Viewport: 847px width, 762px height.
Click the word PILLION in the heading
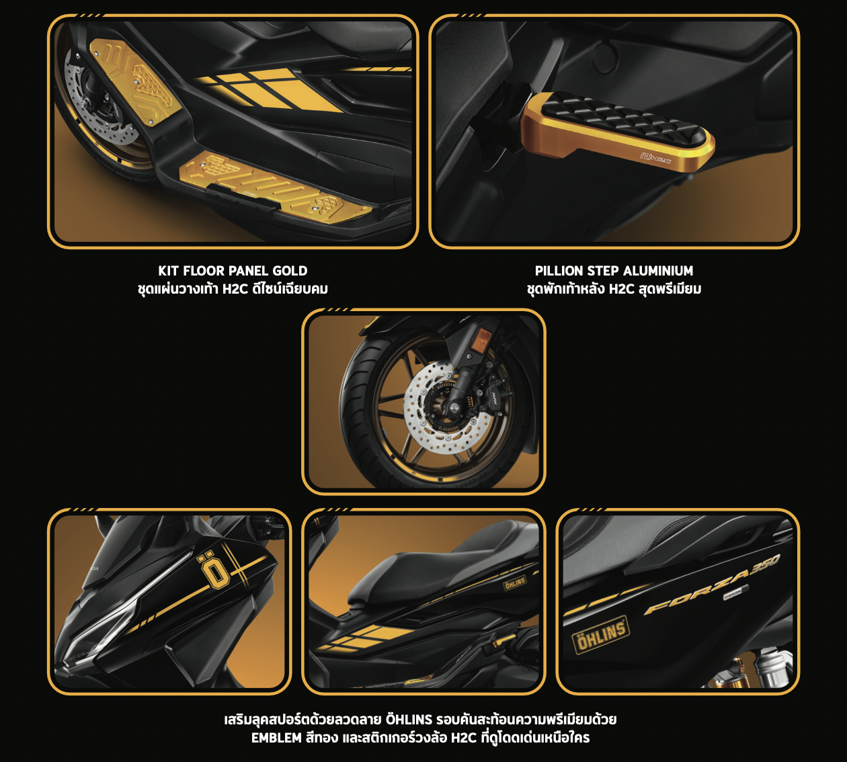pos(559,271)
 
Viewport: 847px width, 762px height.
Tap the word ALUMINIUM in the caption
pos(658,271)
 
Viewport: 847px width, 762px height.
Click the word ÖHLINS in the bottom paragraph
pos(409,718)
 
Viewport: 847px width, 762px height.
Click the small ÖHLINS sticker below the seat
pos(515,583)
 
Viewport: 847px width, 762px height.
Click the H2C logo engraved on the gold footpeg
pos(655,159)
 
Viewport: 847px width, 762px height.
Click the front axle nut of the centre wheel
pos(454,409)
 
